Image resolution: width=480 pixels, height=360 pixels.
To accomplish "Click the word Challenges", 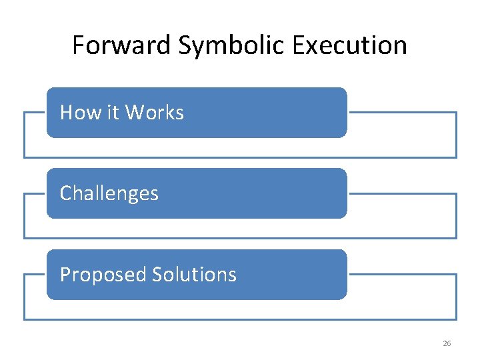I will pos(109,194).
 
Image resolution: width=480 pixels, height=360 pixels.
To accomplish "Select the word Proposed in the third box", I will pos(103,275).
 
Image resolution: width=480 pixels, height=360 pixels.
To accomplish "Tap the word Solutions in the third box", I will pos(194,275).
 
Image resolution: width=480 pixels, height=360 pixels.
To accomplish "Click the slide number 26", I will pos(447,343).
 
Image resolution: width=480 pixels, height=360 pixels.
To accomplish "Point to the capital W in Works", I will pos(134,113).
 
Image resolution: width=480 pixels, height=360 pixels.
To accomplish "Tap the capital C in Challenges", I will pos(65,193).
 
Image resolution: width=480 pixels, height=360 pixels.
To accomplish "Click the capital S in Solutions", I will pos(157,275).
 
